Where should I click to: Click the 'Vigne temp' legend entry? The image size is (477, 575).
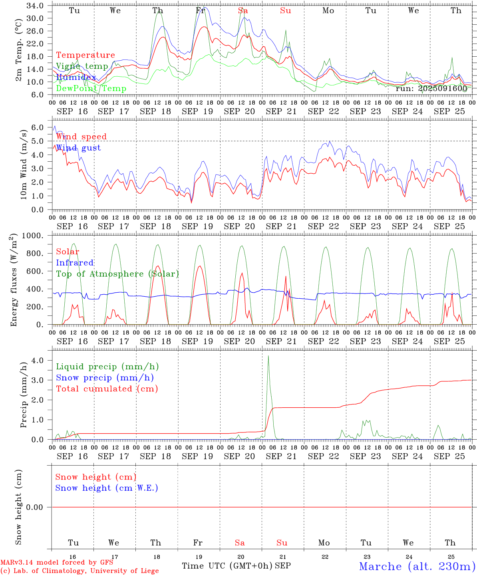(82, 66)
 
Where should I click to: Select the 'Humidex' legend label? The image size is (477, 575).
(76, 77)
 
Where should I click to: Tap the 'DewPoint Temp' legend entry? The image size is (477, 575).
(91, 88)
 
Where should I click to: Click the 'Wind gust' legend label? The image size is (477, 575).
(78, 148)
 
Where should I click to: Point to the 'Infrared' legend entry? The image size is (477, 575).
(75, 263)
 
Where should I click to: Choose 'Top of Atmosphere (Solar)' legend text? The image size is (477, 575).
(117, 274)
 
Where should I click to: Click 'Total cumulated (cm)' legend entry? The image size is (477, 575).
(107, 389)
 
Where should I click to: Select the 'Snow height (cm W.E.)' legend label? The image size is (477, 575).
(107, 488)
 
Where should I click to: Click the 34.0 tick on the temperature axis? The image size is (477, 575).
(35, 6)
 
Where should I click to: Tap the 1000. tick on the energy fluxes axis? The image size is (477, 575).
(32, 236)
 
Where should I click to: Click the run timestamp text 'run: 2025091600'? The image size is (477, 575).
(431, 88)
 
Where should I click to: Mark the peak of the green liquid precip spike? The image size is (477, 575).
(268, 356)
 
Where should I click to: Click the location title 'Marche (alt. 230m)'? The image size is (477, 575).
(417, 566)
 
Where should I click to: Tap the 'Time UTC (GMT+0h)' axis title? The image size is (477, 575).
(227, 566)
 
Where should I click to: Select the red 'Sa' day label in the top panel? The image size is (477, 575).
(243, 11)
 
